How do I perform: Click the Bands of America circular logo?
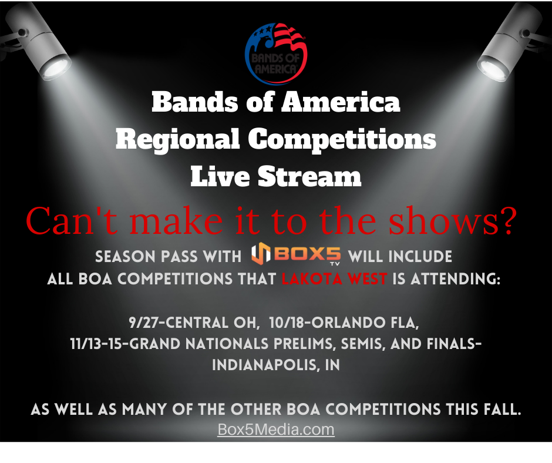pos(276,53)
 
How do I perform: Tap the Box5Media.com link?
pos(276,430)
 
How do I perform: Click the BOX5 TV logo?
pos(296,254)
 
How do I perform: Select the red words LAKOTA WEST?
pos(335,279)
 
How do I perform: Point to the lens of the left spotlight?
pos(56,68)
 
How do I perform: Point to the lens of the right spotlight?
pos(493,68)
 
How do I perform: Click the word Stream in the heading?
pos(309,176)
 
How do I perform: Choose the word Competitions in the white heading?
pos(342,140)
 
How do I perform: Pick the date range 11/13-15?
pos(96,344)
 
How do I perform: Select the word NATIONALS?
pos(228,344)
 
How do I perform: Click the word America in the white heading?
pos(341,102)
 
